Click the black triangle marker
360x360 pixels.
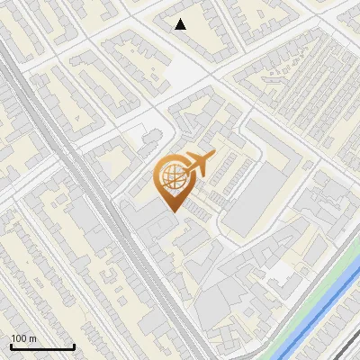[x=181, y=24]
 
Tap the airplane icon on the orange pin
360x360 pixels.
[x=199, y=164]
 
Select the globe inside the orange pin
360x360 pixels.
[x=172, y=177]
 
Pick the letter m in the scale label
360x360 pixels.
[x=33, y=338]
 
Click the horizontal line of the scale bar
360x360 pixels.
[x=41, y=346]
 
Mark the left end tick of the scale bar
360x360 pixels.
[x=10, y=345]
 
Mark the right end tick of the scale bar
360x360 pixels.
[x=74, y=345]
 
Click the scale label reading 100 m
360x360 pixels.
[x=23, y=338]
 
